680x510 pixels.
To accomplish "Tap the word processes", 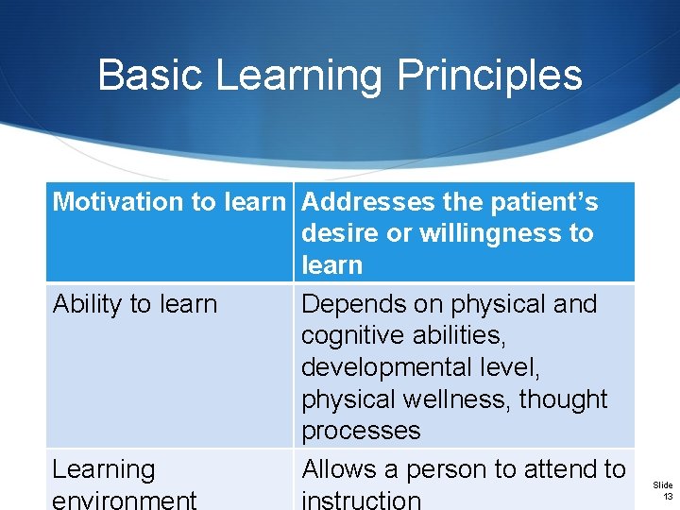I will pyautogui.click(x=360, y=431).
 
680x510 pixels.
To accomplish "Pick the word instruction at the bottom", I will pyautogui.click(x=361, y=500).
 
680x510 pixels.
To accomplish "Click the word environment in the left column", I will pyautogui.click(x=125, y=500).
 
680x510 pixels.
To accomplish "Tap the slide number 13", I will pyautogui.click(x=667, y=497).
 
